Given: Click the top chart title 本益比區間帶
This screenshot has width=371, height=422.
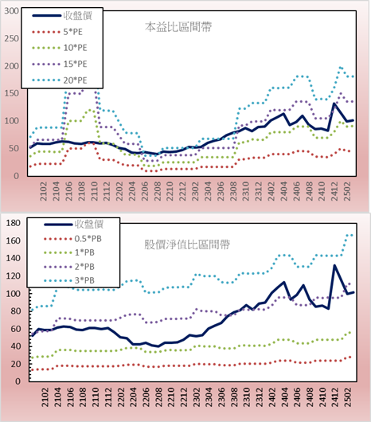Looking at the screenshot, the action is (x=178, y=27).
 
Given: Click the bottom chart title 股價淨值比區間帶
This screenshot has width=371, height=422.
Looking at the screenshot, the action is (x=187, y=244).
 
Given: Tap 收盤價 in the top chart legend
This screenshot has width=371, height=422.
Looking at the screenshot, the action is (x=78, y=16).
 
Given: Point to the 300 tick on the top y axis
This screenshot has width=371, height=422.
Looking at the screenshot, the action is (x=12, y=11).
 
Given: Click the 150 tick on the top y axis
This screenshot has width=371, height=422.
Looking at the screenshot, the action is (x=12, y=93).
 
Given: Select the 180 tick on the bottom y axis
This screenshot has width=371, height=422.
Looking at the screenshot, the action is (x=13, y=223).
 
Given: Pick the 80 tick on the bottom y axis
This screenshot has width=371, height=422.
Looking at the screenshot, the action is (x=15, y=311).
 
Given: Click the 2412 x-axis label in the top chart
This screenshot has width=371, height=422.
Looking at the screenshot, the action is (x=334, y=191).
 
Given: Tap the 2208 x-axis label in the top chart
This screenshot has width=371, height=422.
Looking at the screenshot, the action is (x=158, y=191).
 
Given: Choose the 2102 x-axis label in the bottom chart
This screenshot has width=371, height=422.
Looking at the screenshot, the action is (x=45, y=397).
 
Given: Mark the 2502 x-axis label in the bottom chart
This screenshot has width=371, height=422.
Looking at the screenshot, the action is (x=348, y=397).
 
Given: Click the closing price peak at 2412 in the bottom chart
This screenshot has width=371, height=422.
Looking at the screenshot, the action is (x=334, y=266).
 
